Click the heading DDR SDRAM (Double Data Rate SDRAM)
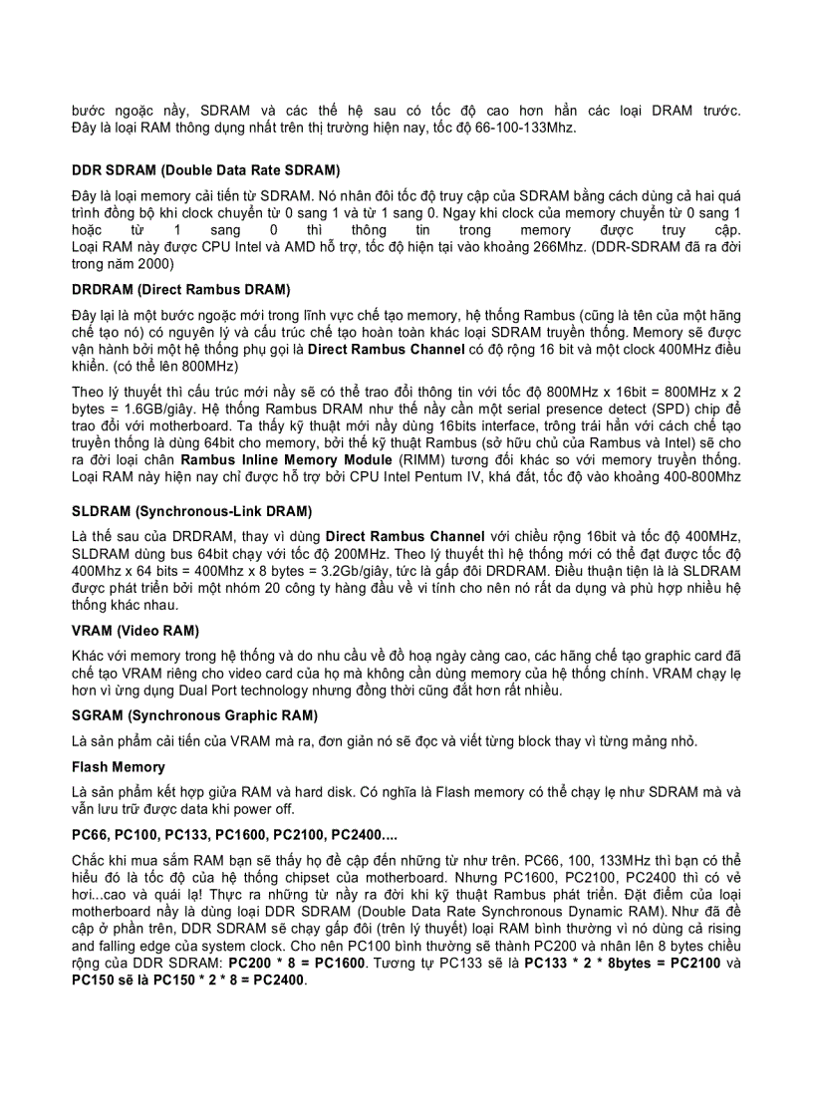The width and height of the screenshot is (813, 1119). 205,170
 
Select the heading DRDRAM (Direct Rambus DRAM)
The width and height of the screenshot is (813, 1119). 180,289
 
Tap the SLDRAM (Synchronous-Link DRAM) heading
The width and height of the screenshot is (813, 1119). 191,511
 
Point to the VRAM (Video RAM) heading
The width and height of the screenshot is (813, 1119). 135,630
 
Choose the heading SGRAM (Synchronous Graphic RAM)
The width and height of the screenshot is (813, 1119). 194,715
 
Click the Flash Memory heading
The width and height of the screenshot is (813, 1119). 118,766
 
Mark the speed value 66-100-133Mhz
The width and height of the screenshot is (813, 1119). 526,129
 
